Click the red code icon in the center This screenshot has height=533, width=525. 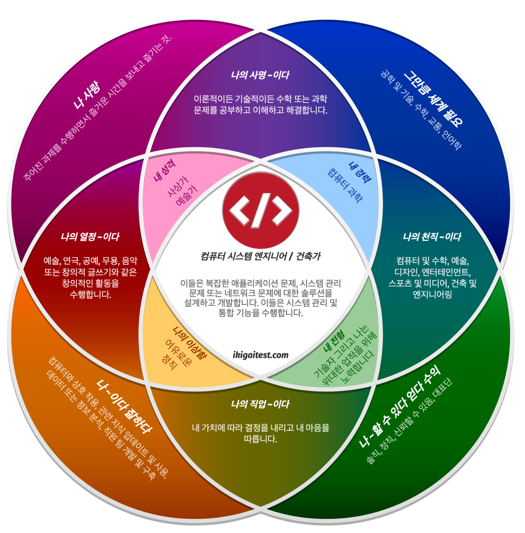click(260, 211)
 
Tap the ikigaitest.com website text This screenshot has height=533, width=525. click(260, 355)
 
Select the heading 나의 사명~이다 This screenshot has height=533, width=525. click(260, 75)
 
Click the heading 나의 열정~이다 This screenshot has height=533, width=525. click(90, 237)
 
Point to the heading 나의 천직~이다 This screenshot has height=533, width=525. click(432, 237)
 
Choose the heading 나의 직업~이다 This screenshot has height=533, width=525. click(260, 404)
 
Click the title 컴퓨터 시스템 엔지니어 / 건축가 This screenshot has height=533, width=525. click(260, 256)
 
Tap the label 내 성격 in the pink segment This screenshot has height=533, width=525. click(164, 170)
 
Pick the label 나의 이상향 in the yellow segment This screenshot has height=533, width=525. click(190, 343)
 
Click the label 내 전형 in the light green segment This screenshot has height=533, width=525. click(334, 341)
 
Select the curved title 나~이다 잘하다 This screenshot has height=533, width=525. click(124, 406)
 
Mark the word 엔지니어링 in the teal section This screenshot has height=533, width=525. click(432, 294)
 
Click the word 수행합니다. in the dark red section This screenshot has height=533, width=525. click(90, 294)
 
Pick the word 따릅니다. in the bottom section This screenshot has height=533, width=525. click(260, 439)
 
